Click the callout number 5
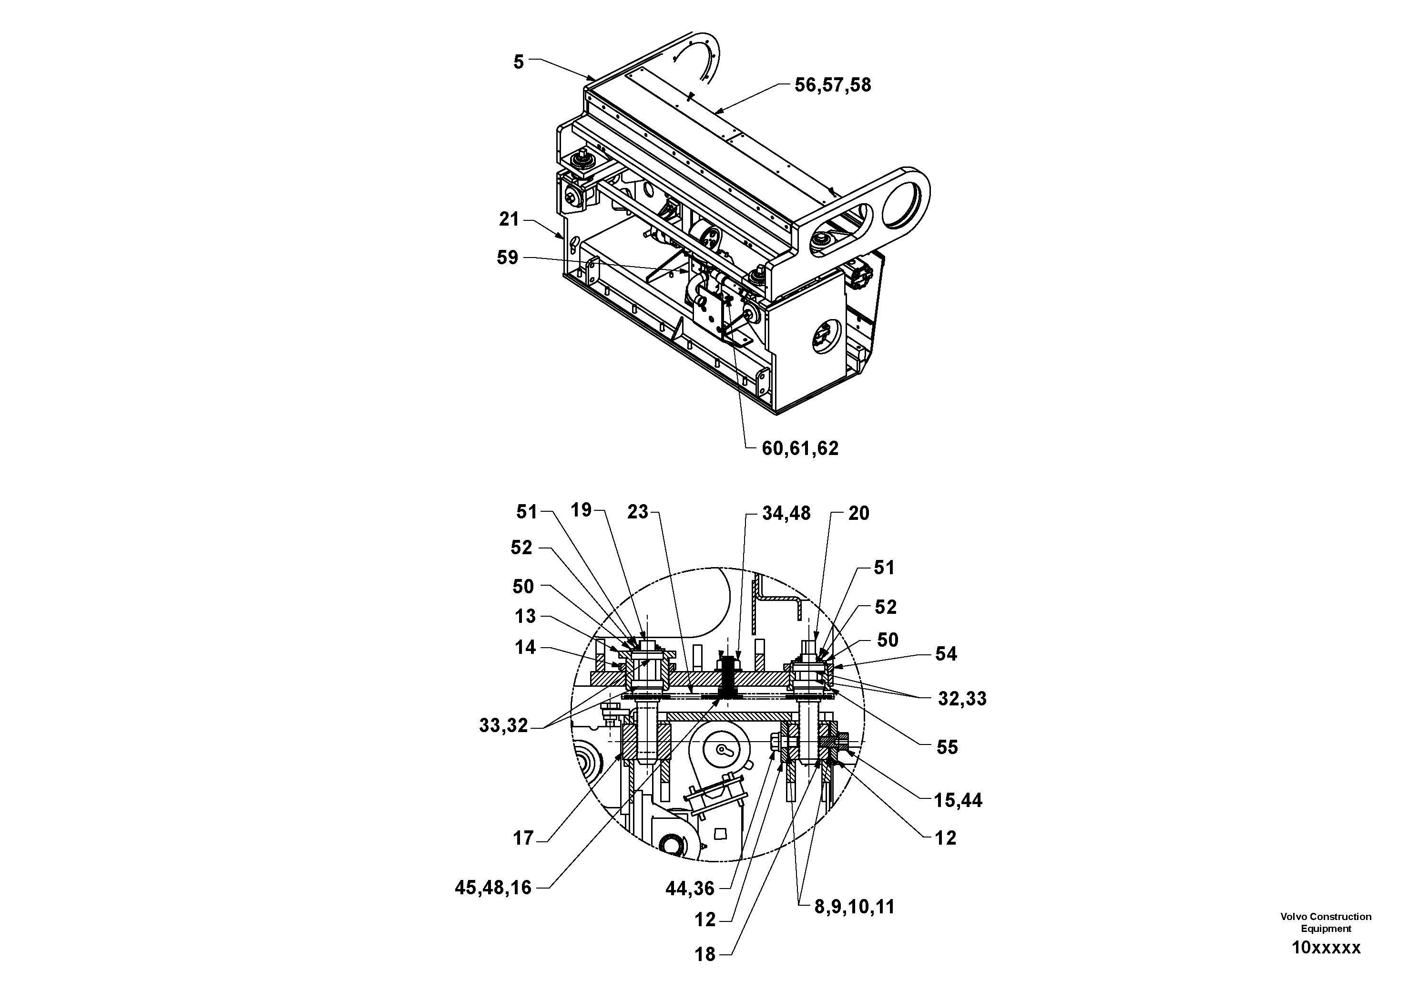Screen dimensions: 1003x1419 [x=519, y=62]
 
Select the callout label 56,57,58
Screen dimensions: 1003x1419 [x=833, y=85]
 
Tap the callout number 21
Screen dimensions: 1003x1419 [x=509, y=219]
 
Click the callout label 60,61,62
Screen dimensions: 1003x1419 [x=800, y=448]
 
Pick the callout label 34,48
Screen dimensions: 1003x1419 [x=786, y=513]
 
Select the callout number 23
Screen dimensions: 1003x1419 [x=637, y=512]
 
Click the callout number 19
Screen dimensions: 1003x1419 [x=581, y=510]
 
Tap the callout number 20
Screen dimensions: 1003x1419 [x=858, y=513]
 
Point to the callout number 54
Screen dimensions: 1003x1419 [x=946, y=654]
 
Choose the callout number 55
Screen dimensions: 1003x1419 [x=947, y=748]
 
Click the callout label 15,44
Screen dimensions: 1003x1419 [x=957, y=801]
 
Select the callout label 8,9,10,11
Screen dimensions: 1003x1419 [x=854, y=907]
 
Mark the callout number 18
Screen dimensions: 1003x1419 [x=704, y=955]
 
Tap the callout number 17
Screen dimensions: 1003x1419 [x=523, y=838]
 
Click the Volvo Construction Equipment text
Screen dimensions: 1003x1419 [x=1326, y=922]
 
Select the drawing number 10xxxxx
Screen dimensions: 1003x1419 [x=1326, y=948]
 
